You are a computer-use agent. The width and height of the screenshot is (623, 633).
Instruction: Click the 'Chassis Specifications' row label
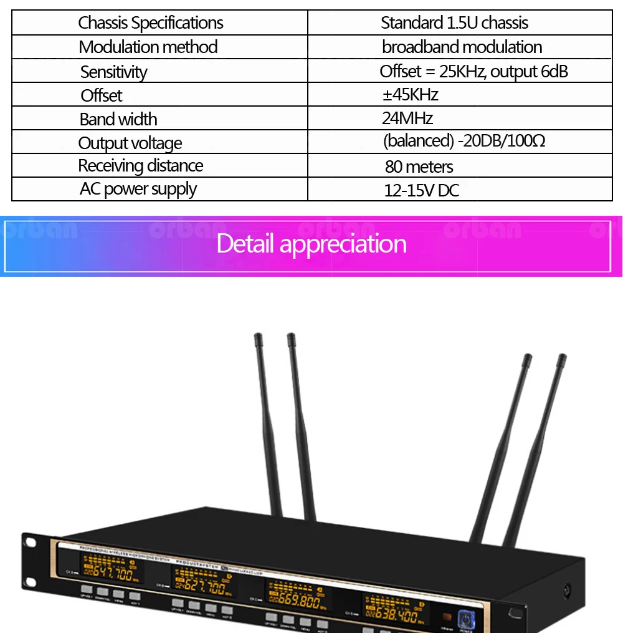[151, 23]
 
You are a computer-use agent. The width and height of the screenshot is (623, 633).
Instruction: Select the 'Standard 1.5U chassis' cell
[454, 23]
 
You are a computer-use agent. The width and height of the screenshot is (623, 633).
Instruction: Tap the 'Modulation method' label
[148, 47]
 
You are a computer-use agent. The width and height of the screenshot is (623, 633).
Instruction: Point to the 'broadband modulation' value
[462, 47]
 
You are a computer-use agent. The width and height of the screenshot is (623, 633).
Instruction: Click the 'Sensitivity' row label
[113, 72]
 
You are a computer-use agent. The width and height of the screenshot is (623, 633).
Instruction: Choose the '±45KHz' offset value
[410, 95]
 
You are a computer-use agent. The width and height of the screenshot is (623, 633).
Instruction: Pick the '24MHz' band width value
[407, 118]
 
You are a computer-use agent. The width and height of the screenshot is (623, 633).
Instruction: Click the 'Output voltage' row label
[130, 143]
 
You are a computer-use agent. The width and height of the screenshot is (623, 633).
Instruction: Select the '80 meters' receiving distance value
[419, 167]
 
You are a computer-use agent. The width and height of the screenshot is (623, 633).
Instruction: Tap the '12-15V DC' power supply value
[421, 190]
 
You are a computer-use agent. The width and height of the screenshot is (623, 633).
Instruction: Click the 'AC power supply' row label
[138, 189]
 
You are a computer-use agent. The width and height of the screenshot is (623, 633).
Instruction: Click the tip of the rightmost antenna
[562, 357]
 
